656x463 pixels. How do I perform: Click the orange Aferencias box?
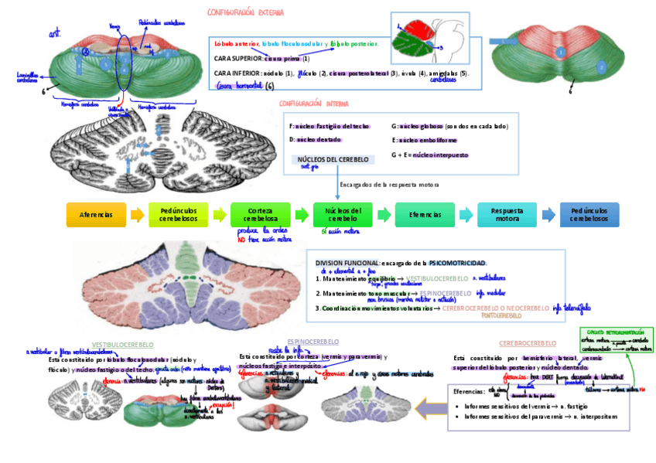click(x=96, y=214)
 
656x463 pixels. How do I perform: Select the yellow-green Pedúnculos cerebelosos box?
click(x=179, y=214)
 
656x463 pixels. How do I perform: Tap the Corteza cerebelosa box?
click(x=261, y=214)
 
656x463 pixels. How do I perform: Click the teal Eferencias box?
click(x=425, y=214)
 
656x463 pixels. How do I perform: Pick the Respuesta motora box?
click(x=507, y=214)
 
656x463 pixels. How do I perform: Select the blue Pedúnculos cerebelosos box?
click(x=589, y=214)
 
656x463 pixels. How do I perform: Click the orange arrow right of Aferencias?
click(x=137, y=214)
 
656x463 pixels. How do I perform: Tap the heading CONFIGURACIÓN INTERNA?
click(x=313, y=103)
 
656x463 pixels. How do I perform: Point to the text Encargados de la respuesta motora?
click(x=389, y=185)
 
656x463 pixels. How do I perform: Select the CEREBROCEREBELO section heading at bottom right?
click(x=527, y=342)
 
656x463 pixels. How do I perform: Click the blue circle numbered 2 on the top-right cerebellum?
click(x=600, y=67)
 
